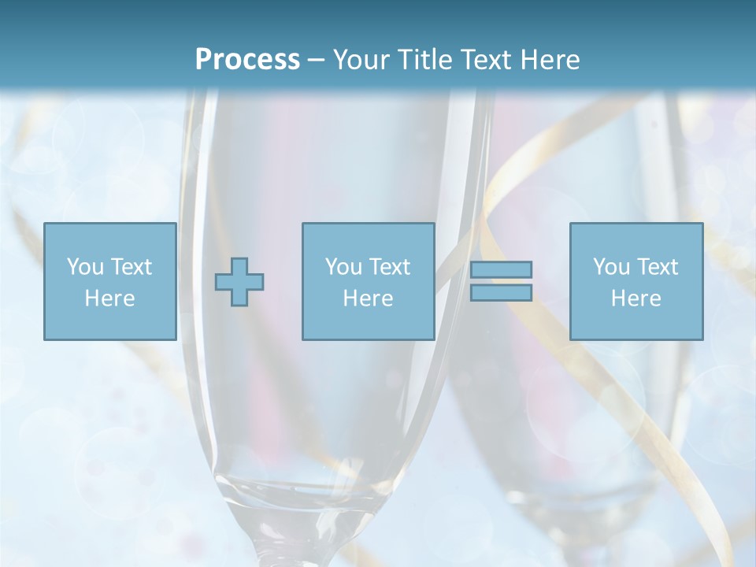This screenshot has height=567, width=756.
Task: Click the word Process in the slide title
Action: tap(247, 60)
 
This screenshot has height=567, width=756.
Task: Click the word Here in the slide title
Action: tap(552, 60)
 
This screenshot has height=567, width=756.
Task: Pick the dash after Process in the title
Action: tap(317, 61)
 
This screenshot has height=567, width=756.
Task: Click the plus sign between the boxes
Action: tap(239, 282)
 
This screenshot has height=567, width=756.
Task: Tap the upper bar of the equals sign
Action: tap(501, 269)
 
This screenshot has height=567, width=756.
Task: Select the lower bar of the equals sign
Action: tap(501, 292)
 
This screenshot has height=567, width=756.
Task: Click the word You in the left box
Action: tap(85, 266)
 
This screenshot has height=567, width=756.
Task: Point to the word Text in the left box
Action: tap(131, 266)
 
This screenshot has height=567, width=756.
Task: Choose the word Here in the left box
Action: tap(109, 298)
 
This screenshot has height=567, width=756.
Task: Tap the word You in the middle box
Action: tap(343, 266)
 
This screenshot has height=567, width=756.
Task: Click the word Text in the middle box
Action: tap(389, 266)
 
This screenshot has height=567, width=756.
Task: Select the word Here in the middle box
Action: tap(368, 298)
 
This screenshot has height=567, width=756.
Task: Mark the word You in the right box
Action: tap(611, 266)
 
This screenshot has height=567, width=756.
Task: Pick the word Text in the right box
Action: tap(657, 266)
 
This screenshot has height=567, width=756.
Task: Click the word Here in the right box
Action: tap(636, 298)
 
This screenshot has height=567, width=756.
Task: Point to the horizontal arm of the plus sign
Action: tap(224, 282)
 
